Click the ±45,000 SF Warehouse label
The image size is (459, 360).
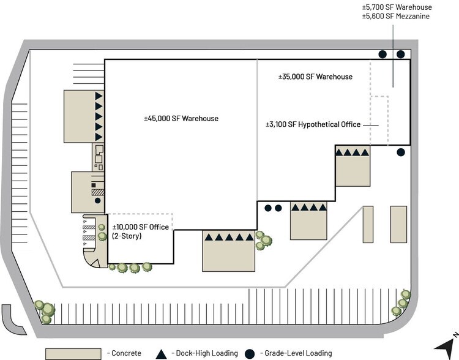coord(177,118)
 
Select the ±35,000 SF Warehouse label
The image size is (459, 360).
coord(315,77)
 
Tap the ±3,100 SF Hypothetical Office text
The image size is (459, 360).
coord(313,124)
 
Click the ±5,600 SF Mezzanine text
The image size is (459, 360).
coord(397,17)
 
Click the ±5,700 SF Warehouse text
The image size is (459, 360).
coord(397,7)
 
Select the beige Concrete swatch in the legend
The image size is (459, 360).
coord(73,353)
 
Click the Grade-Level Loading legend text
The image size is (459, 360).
coord(296,353)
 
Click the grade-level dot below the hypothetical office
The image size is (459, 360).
coord(400,152)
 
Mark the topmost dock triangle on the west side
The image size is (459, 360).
coord(98,96)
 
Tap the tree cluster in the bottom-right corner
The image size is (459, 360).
coord(403,301)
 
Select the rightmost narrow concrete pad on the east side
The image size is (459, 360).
coord(398,223)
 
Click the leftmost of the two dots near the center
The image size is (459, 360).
coord(268,208)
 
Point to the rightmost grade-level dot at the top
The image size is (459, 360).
coord(400,54)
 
